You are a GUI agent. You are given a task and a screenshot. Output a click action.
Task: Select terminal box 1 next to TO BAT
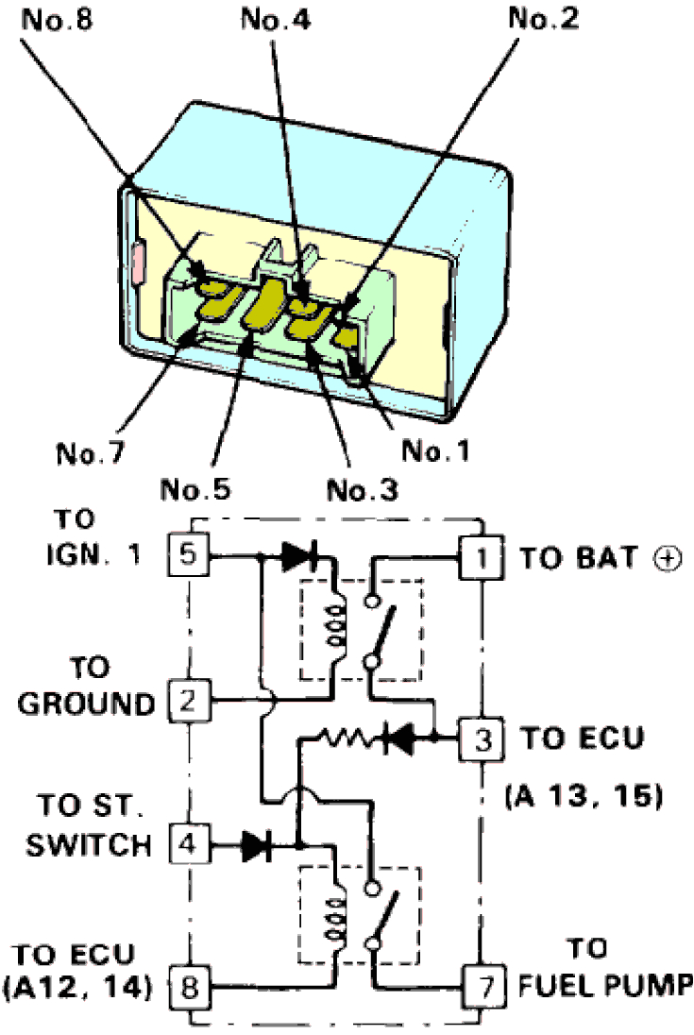[x=482, y=557]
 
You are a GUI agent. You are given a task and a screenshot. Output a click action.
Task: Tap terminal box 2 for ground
[x=188, y=701]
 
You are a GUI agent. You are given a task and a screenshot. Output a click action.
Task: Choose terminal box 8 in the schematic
[x=188, y=989]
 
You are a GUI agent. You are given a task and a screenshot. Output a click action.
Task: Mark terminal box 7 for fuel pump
[x=482, y=989]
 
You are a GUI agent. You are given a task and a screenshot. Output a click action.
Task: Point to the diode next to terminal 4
[x=255, y=844]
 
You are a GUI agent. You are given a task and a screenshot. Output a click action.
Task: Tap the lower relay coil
[x=335, y=917]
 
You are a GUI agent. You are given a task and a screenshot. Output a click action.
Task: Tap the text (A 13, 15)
[x=583, y=795]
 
